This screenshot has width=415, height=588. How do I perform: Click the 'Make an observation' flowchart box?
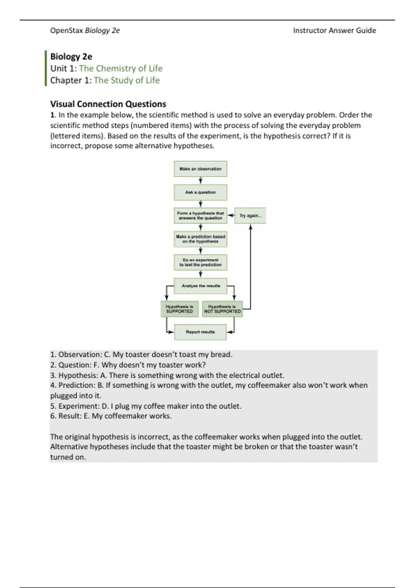200,169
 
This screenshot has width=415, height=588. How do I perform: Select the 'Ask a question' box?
200,192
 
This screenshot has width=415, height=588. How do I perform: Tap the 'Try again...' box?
250,215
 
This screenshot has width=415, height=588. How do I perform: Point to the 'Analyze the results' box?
201,286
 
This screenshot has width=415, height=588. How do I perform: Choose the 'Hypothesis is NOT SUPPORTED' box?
222,309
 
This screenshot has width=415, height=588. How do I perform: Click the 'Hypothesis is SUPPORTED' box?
179,309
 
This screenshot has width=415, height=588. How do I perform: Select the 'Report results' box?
200,332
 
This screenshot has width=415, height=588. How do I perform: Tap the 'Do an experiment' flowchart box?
200,263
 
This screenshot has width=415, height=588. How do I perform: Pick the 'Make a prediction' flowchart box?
200,239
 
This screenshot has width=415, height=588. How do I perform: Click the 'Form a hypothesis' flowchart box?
200,215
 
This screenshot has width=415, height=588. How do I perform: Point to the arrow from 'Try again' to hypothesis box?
231,215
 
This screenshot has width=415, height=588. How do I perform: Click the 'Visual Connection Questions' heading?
108,104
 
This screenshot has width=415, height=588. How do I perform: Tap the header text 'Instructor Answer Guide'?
334,30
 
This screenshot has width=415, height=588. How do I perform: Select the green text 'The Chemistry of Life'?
121,68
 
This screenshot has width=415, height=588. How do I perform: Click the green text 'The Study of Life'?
127,80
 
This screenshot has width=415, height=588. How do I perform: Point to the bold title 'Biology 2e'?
71,56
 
